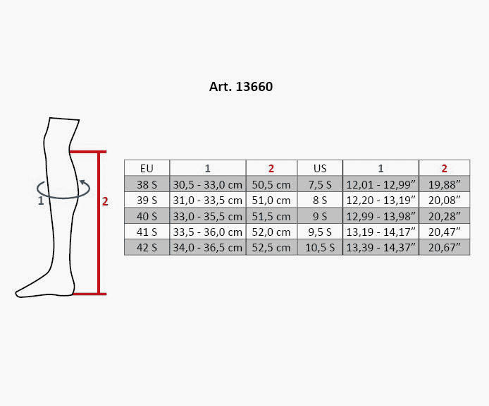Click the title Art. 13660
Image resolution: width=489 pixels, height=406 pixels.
tap(241, 87)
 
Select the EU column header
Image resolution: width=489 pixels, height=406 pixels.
tap(147, 168)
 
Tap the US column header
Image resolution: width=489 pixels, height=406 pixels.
tap(320, 168)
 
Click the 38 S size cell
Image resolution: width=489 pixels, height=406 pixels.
tap(147, 184)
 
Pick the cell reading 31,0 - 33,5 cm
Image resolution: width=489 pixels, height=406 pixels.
tap(208, 200)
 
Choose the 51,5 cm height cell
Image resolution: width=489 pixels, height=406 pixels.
tap(271, 216)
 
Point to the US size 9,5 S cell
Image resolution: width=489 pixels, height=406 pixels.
tap(320, 232)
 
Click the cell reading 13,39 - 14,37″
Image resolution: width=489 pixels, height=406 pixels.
tap(380, 248)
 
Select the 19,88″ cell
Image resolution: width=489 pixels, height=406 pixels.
tap(445, 184)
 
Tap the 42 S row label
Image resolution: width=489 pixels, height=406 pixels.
tap(147, 248)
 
